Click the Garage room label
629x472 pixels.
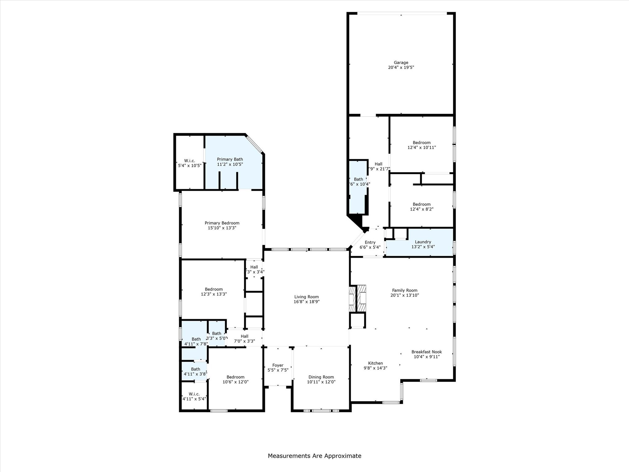(401, 62)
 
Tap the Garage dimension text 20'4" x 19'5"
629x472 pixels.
(401, 67)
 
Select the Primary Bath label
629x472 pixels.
(230, 159)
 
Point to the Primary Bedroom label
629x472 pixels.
(222, 223)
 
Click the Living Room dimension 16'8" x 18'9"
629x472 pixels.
(306, 302)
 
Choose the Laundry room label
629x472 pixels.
(423, 242)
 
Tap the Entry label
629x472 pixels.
(370, 242)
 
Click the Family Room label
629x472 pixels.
(404, 290)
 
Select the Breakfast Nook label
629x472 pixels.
(426, 352)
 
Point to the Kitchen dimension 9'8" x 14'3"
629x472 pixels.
(375, 368)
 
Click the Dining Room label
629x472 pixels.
(321, 377)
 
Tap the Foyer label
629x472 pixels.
(278, 365)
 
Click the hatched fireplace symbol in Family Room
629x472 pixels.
(361, 298)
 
